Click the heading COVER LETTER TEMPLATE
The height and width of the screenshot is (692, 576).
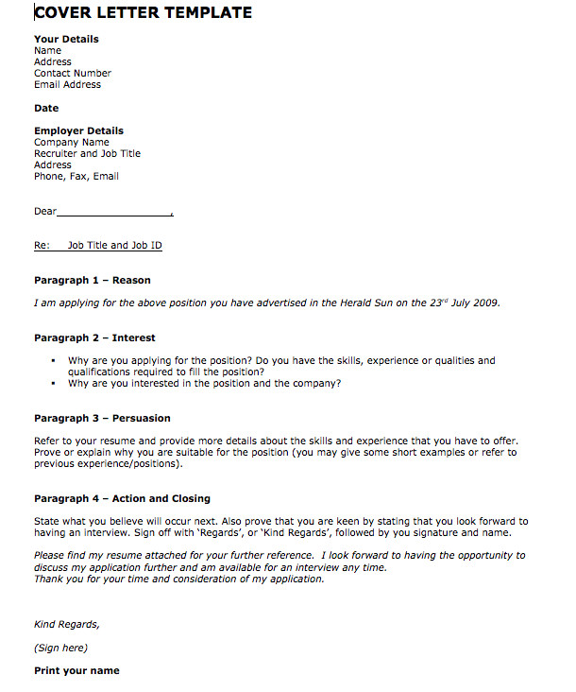143,13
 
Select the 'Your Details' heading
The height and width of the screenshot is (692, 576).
66,39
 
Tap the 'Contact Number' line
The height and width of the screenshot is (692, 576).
73,73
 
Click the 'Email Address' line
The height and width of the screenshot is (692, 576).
67,84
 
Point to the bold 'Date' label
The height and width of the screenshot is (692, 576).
46,108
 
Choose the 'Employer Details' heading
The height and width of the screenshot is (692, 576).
78,130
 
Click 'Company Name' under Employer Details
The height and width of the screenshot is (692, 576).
72,142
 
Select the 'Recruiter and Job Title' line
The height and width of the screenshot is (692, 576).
87,153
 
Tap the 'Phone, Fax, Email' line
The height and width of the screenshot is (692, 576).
76,176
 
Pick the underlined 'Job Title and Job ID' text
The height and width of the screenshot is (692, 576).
114,246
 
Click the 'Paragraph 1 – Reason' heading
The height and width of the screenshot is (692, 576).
92,280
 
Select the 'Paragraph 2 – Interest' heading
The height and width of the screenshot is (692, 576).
94,337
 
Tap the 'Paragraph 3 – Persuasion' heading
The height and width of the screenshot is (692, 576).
102,418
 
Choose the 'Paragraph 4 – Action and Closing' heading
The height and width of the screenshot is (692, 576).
122,498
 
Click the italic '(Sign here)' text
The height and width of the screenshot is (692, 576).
60,648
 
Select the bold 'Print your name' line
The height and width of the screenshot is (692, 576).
76,670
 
